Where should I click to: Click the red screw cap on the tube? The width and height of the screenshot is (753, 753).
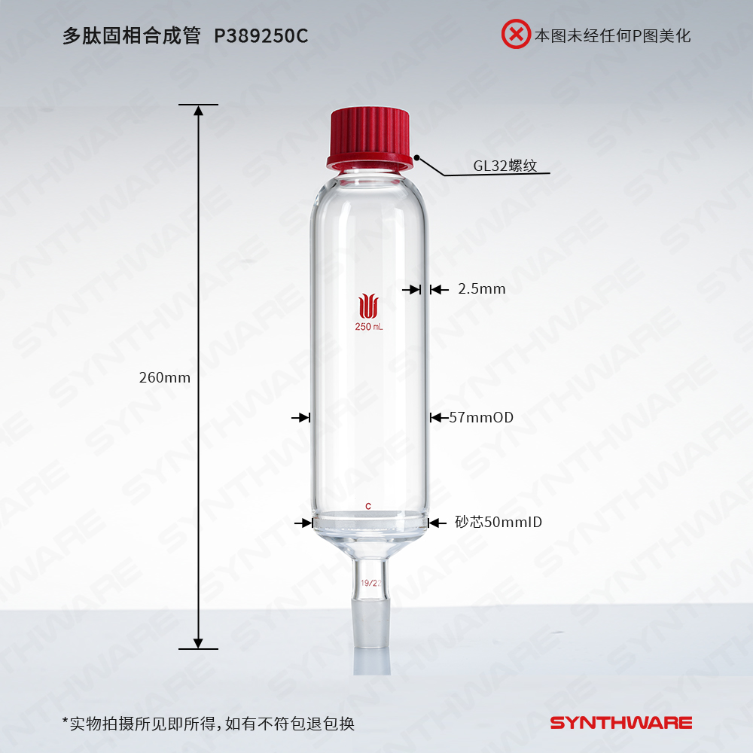(369, 139)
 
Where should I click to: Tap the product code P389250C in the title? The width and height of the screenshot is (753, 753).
(261, 36)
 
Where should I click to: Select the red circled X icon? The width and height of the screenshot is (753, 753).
(516, 34)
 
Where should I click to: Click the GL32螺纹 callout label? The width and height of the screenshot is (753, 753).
(505, 166)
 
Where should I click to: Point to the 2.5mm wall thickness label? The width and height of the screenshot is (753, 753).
(482, 288)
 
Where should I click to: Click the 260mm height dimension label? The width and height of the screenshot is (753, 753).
(165, 377)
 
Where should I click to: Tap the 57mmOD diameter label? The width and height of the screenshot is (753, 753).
(481, 417)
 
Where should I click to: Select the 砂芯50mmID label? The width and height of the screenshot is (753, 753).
(498, 522)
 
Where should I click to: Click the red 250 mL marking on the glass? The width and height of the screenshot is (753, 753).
(369, 327)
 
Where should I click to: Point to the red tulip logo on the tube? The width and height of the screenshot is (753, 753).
(368, 306)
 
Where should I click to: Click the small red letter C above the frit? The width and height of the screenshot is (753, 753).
(368, 506)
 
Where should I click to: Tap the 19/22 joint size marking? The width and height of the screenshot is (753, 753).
(370, 583)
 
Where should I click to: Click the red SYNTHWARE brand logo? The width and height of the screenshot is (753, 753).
(621, 723)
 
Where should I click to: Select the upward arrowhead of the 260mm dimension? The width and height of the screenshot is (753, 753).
(198, 111)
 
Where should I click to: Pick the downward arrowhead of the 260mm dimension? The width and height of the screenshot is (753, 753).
(198, 643)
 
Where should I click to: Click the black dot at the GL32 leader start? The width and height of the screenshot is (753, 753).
(417, 157)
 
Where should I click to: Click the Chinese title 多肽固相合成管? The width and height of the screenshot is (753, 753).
(131, 36)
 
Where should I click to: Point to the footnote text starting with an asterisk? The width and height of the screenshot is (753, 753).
(209, 723)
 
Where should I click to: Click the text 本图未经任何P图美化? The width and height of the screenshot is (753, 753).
(613, 35)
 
